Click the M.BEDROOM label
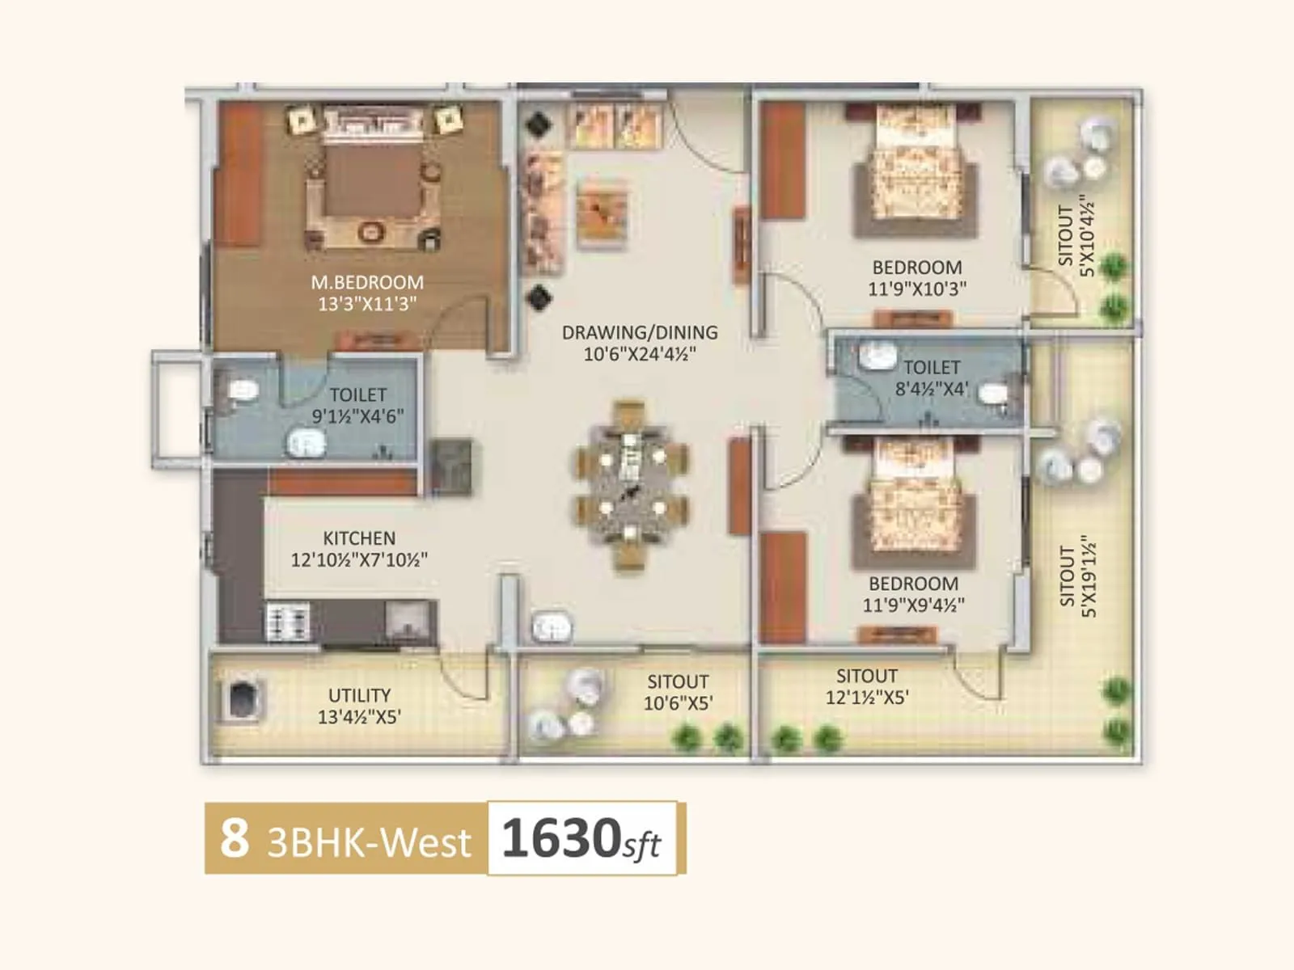[x=367, y=282]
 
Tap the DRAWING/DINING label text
[x=640, y=332]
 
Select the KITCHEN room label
[x=359, y=538]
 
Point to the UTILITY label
[x=359, y=695]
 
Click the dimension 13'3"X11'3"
[x=367, y=304]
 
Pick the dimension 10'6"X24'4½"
[x=640, y=354]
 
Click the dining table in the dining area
[x=631, y=486]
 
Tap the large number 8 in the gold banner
[x=235, y=837]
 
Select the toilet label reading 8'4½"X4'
[x=932, y=389]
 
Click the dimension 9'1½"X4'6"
[x=358, y=416]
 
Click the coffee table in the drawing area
[x=603, y=211]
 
